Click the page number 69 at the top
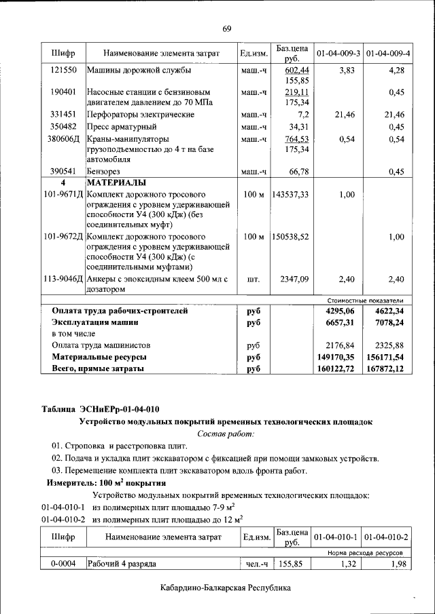227,28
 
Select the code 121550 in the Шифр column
63,70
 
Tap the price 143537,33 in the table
290,195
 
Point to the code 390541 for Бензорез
63,172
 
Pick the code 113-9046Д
63,279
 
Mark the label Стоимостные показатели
365,301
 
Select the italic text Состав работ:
225,434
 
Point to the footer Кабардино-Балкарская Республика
226,588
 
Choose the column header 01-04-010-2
386,537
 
